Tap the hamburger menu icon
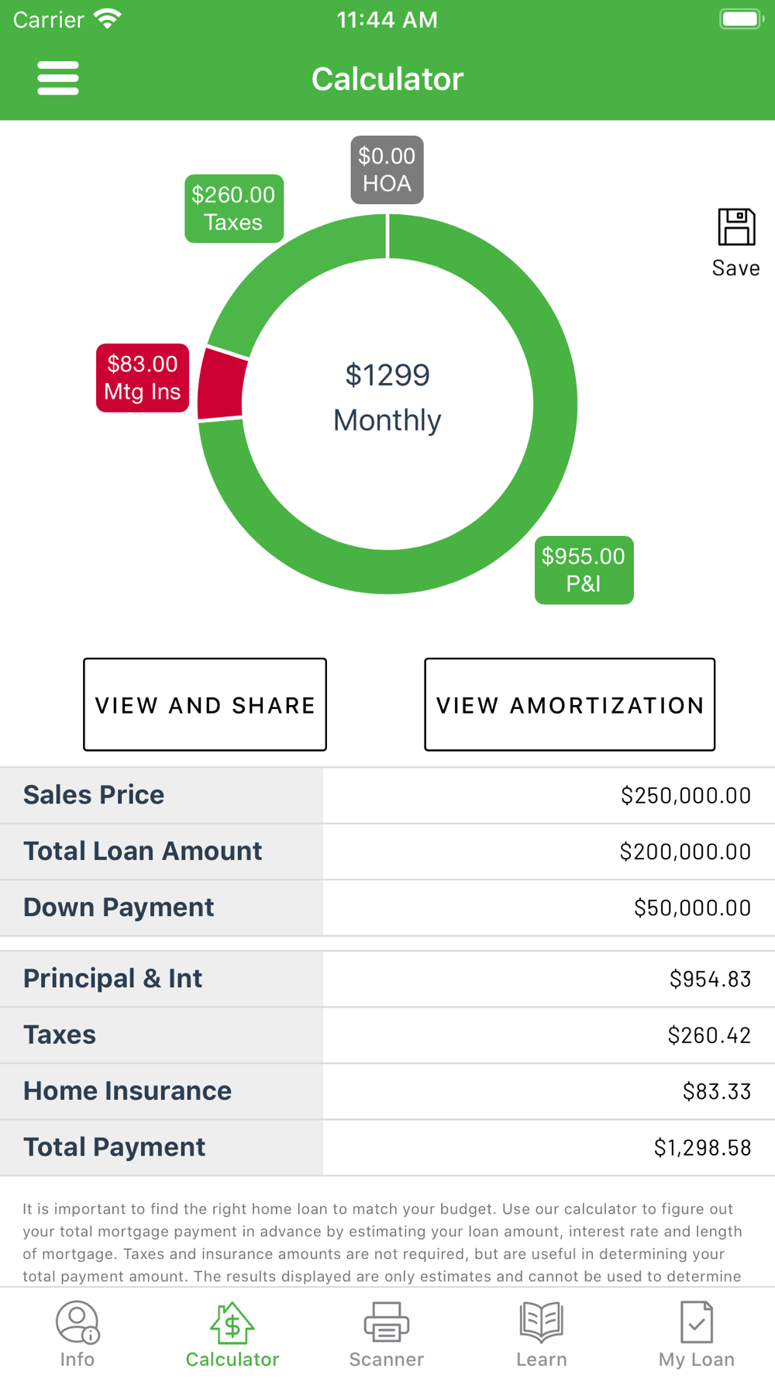pos(58,78)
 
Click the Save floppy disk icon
pos(735,227)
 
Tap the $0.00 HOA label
pos(387,170)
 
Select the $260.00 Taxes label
pos(233,209)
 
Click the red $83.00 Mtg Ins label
pos(143,378)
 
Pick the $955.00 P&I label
pos(584,570)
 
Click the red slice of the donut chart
pos(221,385)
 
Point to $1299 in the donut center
pos(387,375)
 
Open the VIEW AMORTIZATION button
pos(569,704)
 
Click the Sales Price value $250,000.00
pos(685,796)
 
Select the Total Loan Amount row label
pos(143,852)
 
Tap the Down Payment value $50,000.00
pos(691,908)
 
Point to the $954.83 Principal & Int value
pos(710,980)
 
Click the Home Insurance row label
pos(127,1091)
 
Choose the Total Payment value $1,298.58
pos(702,1148)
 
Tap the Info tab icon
pos(77,1322)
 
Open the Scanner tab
pos(387,1334)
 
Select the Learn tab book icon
pos(541,1322)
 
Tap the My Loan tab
pos(696,1334)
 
